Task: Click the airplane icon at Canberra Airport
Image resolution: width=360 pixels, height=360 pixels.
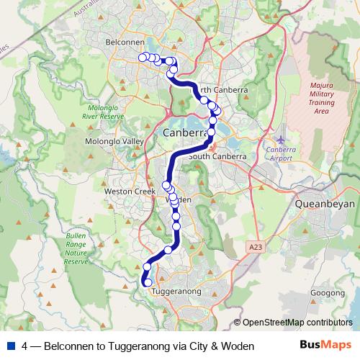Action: (x=279, y=138)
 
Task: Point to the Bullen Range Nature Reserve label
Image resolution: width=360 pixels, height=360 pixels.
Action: (x=76, y=248)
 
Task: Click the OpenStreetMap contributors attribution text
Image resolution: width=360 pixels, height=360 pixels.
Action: (x=297, y=323)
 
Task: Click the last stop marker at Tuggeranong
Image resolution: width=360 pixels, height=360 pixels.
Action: (x=148, y=283)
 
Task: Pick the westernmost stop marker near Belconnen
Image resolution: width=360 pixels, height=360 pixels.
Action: (x=143, y=57)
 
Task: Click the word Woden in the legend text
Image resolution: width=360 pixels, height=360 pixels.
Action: (x=238, y=346)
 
